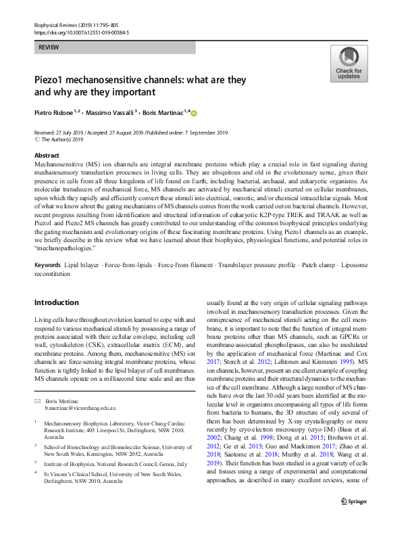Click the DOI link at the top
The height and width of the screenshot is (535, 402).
(x=82, y=30)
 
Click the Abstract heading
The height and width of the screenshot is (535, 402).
(x=47, y=156)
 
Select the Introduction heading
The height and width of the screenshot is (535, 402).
(x=56, y=302)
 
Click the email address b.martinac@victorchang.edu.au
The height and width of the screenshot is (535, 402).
(x=80, y=409)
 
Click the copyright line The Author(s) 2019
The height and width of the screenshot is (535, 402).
(x=63, y=139)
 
